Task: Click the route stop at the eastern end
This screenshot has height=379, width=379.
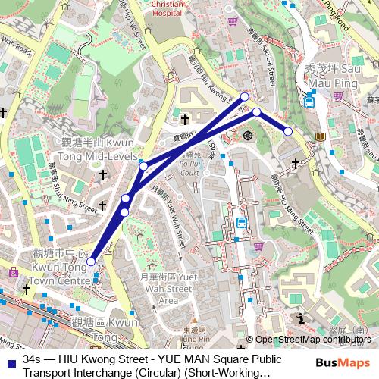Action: [288, 131]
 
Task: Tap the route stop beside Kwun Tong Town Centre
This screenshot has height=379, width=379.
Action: [90, 262]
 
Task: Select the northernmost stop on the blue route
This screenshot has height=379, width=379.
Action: [245, 96]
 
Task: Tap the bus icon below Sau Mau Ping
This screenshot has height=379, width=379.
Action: [309, 100]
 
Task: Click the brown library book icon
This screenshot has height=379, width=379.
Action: [321, 136]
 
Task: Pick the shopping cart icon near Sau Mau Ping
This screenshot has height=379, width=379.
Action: [337, 95]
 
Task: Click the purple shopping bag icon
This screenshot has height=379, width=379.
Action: [12, 273]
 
